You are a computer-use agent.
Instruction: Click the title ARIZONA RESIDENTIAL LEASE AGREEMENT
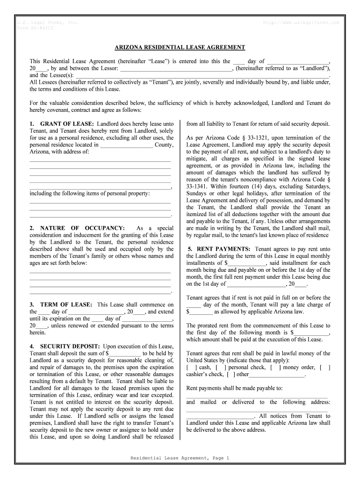(180, 48)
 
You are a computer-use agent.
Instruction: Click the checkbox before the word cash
(192, 368)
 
